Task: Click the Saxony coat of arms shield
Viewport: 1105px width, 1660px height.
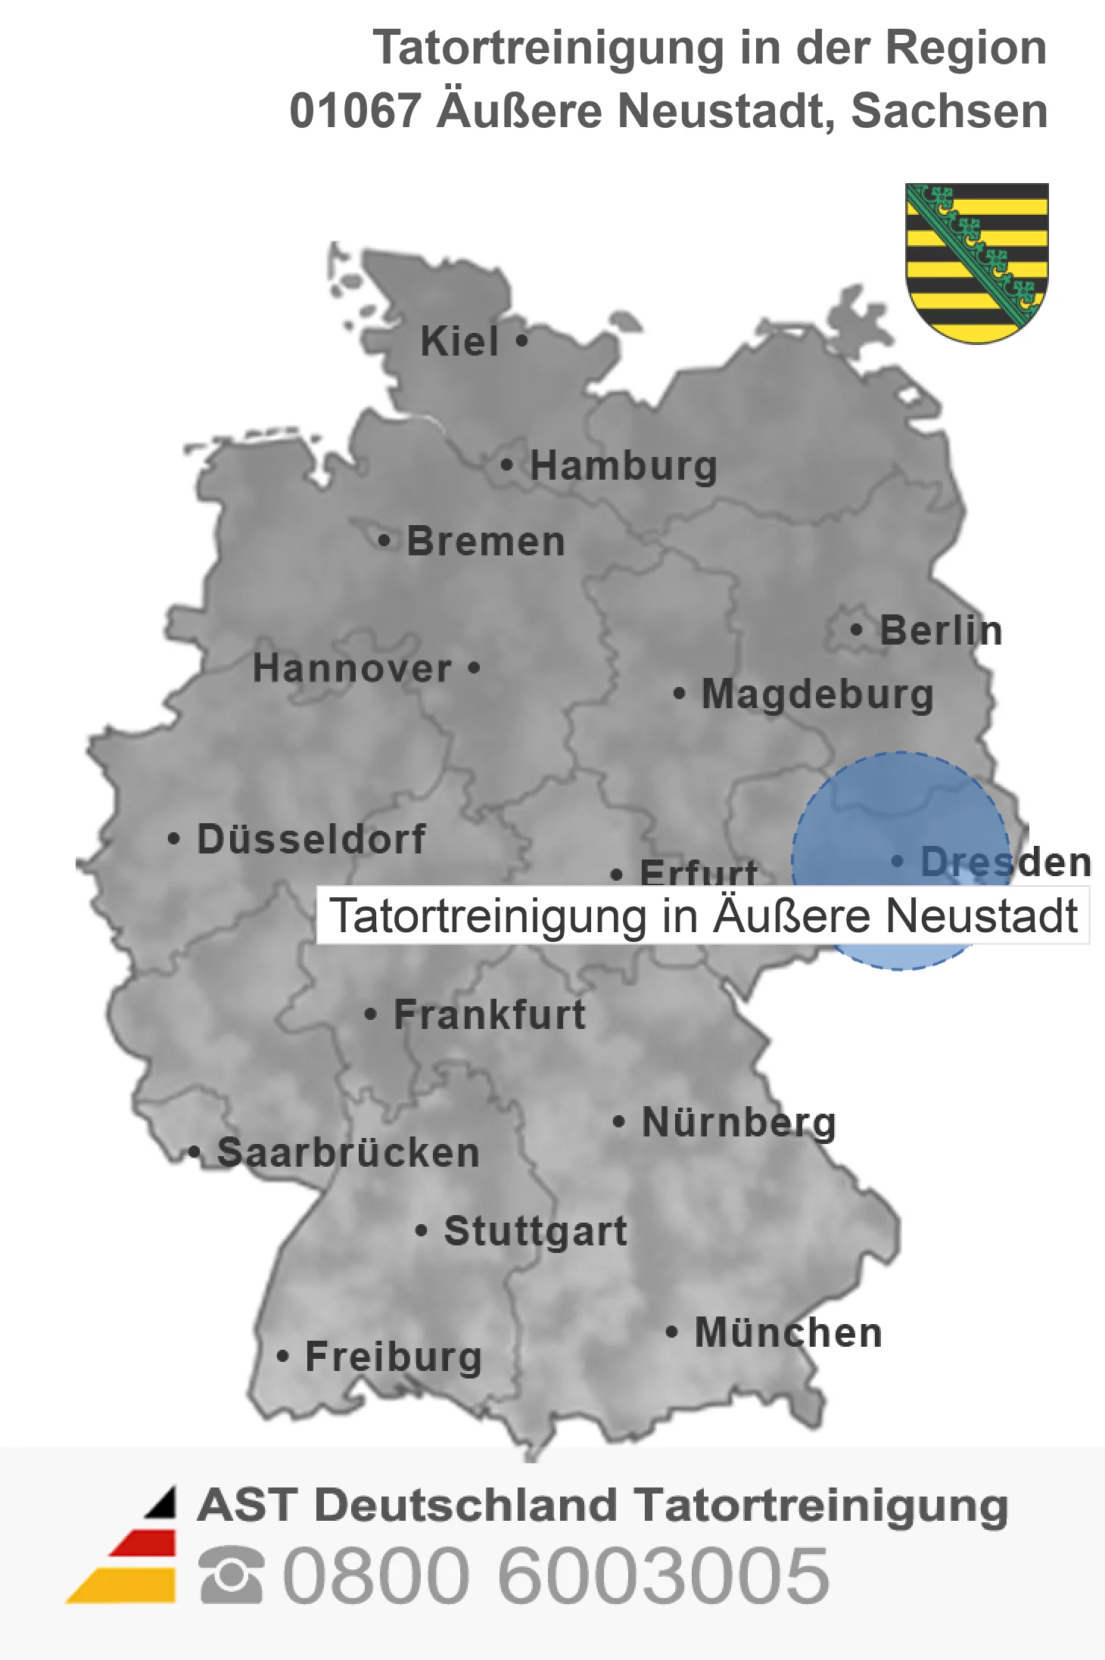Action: (976, 261)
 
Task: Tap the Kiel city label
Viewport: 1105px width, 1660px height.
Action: (459, 341)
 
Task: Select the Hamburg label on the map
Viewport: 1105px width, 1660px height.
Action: (623, 465)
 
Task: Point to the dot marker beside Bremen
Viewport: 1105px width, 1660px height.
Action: (384, 541)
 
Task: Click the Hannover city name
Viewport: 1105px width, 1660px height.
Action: (352, 668)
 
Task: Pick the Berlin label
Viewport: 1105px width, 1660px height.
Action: (941, 630)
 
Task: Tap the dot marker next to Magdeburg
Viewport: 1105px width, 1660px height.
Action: (679, 693)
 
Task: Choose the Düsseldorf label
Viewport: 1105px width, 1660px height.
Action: (311, 839)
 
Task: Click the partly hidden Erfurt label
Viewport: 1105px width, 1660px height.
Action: (698, 872)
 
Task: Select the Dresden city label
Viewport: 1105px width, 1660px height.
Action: (1005, 862)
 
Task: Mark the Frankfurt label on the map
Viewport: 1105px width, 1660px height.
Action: (490, 1015)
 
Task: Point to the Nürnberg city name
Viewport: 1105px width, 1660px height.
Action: (739, 1122)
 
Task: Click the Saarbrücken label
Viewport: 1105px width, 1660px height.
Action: (348, 1153)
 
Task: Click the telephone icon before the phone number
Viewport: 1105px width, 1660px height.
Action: (231, 1575)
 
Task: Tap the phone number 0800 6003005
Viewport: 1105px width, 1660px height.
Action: (556, 1575)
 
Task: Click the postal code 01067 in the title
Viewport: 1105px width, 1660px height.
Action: (355, 111)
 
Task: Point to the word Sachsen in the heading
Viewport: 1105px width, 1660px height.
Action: (949, 111)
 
